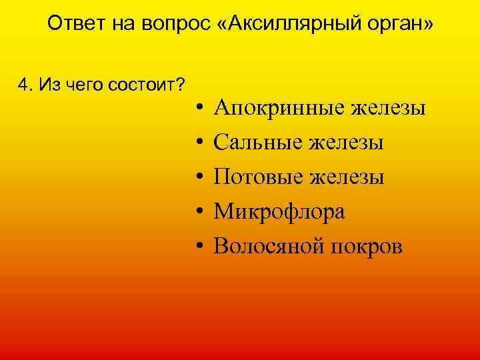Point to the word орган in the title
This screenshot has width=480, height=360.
(403, 25)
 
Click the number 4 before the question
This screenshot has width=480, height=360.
(25, 85)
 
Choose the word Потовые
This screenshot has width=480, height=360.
(257, 177)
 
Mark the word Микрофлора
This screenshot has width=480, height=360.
(279, 211)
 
